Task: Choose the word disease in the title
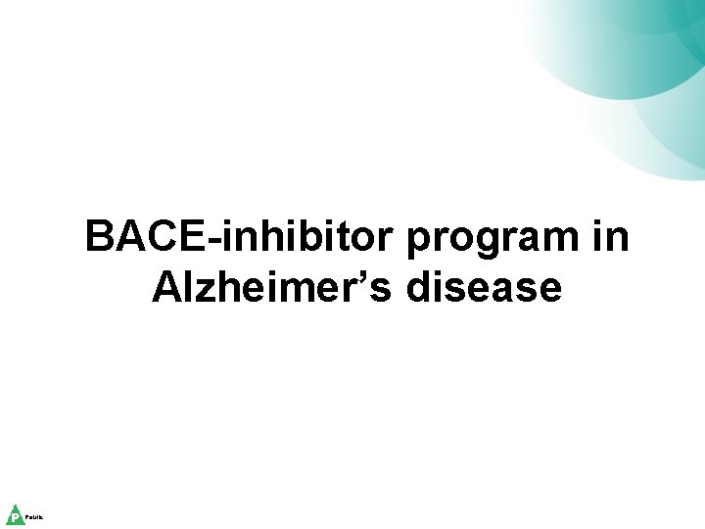499,288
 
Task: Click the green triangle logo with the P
15,515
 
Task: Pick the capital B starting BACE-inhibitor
99,237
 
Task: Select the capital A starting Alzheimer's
167,288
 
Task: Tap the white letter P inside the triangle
15,517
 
